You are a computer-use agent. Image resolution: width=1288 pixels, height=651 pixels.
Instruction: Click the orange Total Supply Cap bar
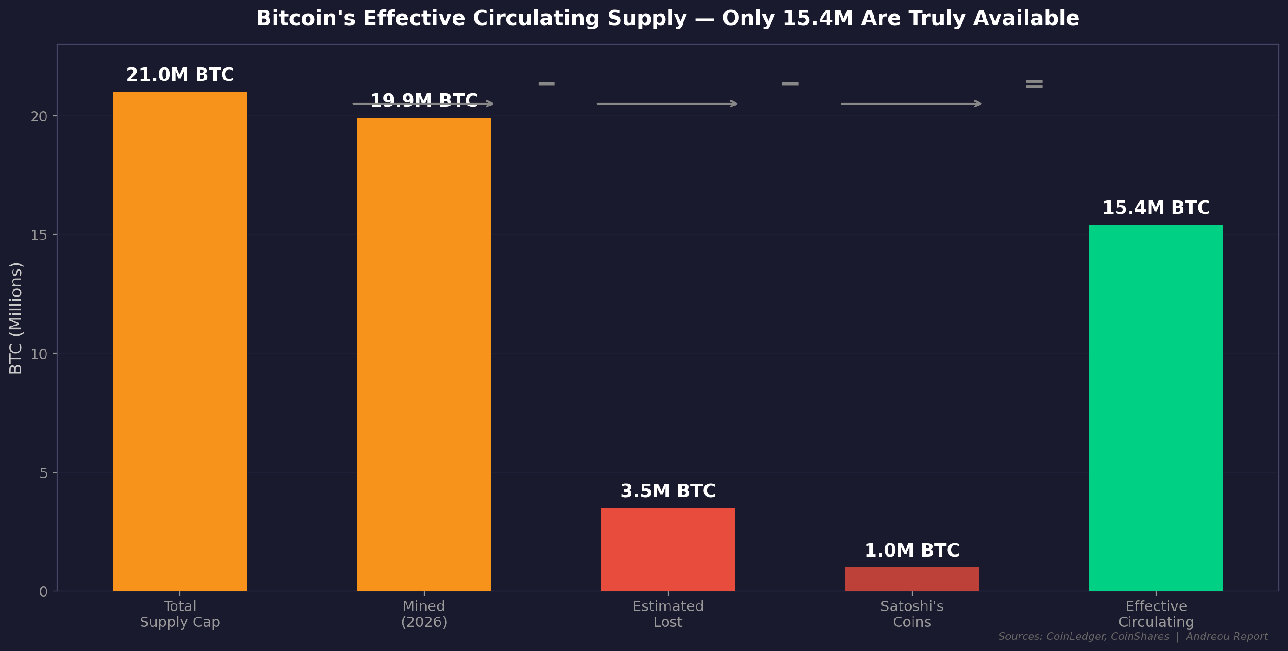[179, 341]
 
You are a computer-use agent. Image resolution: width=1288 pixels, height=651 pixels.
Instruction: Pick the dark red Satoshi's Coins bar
[912, 579]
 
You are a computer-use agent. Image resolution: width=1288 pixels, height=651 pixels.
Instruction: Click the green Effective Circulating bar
[1156, 408]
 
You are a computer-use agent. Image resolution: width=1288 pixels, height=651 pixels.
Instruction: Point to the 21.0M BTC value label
[179, 75]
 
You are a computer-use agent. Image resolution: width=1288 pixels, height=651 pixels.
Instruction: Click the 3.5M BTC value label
[668, 491]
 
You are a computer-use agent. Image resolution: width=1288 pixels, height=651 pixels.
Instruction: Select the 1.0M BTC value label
[912, 551]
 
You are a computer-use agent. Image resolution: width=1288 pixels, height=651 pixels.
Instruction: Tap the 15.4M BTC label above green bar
[1156, 208]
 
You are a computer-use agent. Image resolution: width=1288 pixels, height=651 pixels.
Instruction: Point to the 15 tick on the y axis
[39, 235]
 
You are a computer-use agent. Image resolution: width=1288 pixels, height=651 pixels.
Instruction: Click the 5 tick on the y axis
[44, 473]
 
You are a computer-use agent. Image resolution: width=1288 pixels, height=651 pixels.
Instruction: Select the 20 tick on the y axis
[39, 117]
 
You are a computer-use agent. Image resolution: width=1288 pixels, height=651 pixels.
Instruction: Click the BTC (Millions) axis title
[16, 318]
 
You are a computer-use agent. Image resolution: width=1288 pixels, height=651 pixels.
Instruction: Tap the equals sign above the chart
[1034, 84]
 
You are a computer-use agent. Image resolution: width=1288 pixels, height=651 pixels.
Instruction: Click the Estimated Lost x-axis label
[668, 614]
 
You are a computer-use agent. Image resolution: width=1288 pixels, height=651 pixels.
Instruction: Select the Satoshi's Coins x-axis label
[912, 614]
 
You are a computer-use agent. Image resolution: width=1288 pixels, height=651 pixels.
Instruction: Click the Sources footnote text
[1132, 637]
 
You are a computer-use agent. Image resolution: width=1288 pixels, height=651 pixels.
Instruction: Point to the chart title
[668, 19]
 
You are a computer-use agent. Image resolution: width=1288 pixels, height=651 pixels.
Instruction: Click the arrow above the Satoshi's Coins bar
[911, 104]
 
